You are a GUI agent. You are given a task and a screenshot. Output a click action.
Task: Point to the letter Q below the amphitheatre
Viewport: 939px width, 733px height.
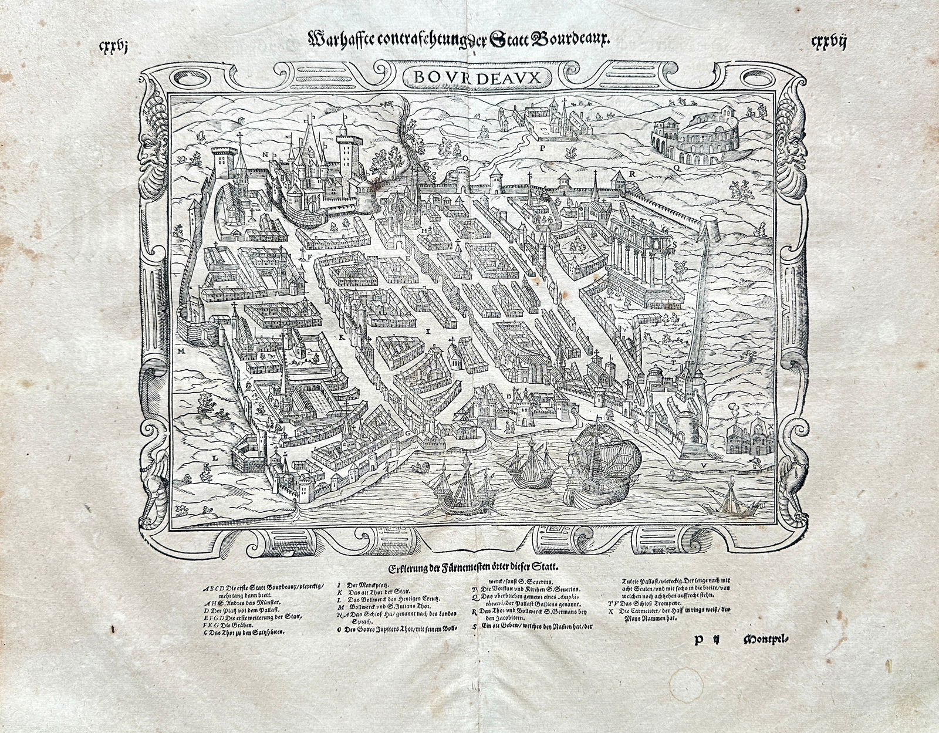(677, 167)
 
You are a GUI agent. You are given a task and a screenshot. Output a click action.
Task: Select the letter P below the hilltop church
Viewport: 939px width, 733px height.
(543, 150)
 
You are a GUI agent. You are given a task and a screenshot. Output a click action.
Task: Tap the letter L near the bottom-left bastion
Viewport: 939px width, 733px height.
(215, 455)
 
